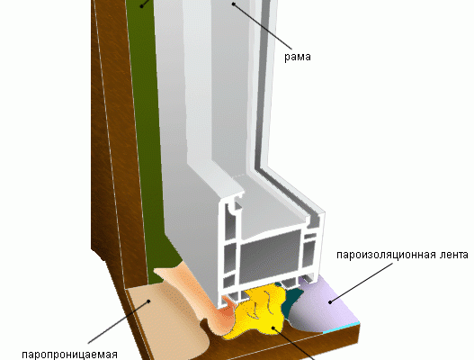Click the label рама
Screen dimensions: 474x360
click(298, 57)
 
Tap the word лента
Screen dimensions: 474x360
click(452, 255)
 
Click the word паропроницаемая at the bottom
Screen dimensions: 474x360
click(70, 355)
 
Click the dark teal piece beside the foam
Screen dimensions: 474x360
click(291, 300)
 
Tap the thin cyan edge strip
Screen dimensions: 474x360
click(342, 328)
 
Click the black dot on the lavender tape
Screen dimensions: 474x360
click(330, 301)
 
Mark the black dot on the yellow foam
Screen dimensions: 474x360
click(273, 328)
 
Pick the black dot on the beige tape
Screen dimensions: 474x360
click(148, 301)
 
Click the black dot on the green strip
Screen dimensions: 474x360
click(142, 5)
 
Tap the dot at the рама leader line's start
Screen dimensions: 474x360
click(233, 4)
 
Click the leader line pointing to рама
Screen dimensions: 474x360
click(263, 26)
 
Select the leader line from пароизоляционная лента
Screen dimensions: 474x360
click(362, 283)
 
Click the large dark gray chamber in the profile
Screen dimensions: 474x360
click(270, 257)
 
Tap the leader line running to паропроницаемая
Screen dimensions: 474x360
click(118, 322)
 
